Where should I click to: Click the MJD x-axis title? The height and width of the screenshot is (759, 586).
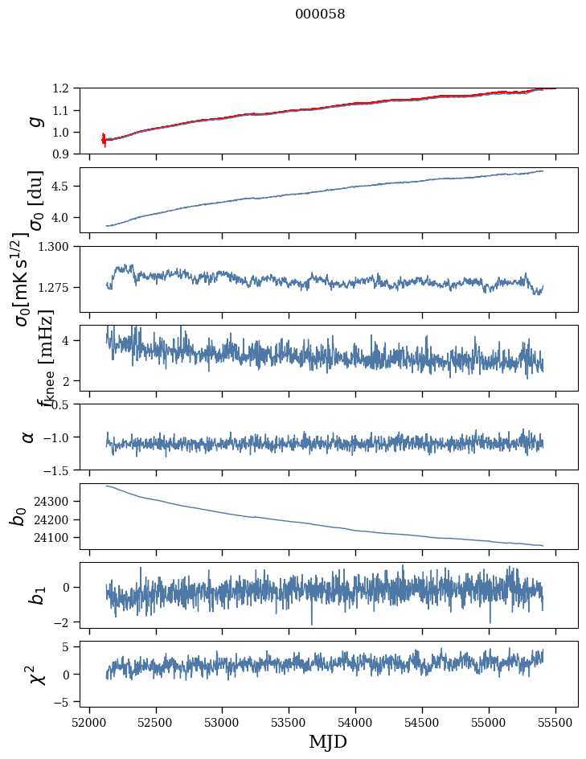tap(328, 741)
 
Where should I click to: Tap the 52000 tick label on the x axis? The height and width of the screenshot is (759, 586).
tap(89, 721)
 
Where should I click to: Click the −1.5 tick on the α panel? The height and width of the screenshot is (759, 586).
tap(56, 470)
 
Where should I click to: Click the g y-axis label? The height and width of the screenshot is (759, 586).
tap(34, 121)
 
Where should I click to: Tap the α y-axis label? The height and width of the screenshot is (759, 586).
tap(28, 437)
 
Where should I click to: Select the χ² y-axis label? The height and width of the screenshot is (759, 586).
tap(35, 674)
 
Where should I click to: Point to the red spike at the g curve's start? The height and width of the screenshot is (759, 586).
tap(104, 138)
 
